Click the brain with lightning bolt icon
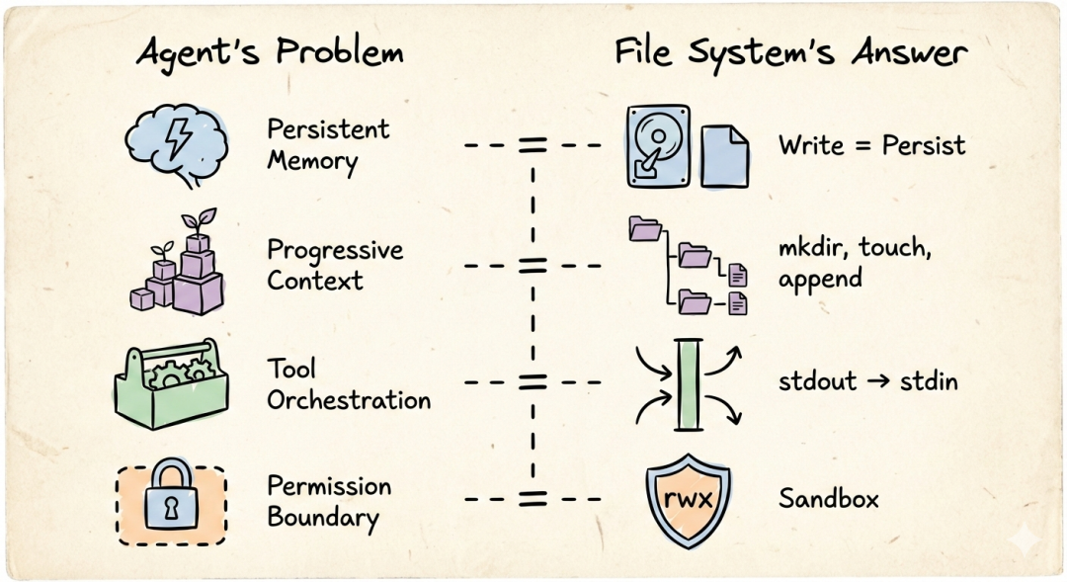coord(177,144)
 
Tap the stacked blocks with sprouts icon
coord(178,265)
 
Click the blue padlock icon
coord(172,502)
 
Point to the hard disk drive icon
coord(656,145)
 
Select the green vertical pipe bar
coord(688,384)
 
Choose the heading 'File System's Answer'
coord(790,52)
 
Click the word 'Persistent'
coord(328,129)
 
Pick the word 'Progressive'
coord(335,250)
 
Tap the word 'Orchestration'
coord(349,400)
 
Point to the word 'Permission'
coord(329,486)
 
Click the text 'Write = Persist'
coord(871,145)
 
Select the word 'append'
coord(819,280)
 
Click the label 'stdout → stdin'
coord(867,380)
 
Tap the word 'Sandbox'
coord(828,498)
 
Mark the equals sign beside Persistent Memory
coord(533,145)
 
